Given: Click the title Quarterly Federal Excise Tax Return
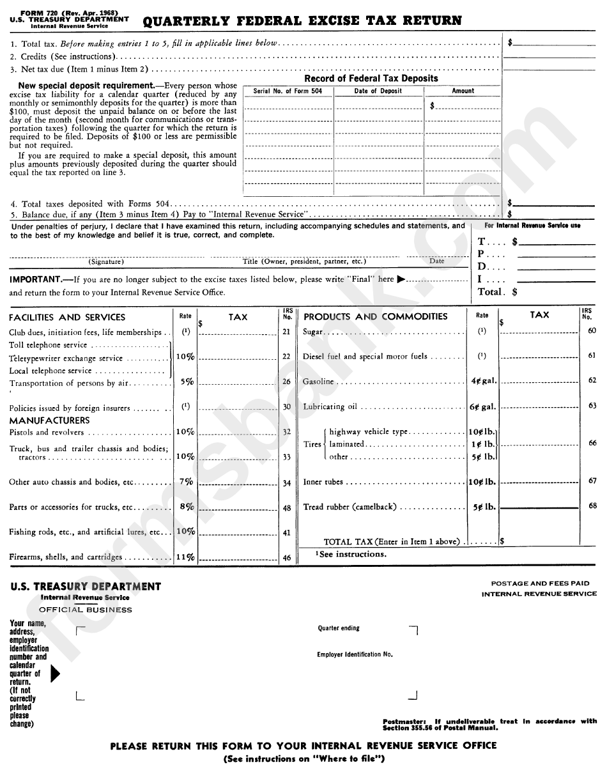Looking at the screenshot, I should pos(302,21).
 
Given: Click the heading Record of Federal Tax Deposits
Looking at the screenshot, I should pos(371,79).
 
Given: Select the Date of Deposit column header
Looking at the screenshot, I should pos(378,91).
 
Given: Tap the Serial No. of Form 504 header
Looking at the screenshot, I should pos(288,91).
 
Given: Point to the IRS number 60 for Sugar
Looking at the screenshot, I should pos(592,330).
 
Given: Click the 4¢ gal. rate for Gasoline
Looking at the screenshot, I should pos(483,381).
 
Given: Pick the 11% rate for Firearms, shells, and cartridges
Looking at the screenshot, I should pos(185,557).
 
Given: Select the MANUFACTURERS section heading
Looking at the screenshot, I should pos(49,421).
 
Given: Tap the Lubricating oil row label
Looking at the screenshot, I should pos(330,407).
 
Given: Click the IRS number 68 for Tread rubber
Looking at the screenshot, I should pos(592,506).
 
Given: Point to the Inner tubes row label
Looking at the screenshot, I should pos(323,482).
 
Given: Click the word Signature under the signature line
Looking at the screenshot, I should pos(106,261).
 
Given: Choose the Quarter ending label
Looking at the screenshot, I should pos(339,629).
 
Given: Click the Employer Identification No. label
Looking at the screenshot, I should pos(355,654).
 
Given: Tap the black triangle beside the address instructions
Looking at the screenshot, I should pos(55,674).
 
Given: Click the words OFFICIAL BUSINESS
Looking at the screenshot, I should pos(85,610).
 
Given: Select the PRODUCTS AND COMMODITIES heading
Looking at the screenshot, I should pos(375,317).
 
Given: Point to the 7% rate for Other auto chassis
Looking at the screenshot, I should pos(186,482).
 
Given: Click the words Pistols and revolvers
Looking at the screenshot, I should pos(46,433).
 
